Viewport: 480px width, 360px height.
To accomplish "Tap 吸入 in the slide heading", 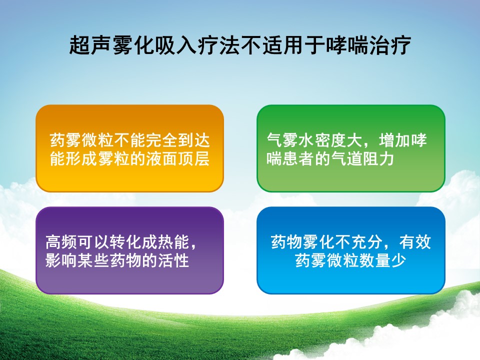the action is click(x=175, y=45).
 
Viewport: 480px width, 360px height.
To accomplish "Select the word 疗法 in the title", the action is click(x=218, y=45).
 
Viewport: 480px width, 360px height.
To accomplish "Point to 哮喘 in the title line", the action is click(x=347, y=45).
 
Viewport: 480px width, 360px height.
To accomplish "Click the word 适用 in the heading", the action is click(x=282, y=45).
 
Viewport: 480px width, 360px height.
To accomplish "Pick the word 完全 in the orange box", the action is click(x=161, y=140).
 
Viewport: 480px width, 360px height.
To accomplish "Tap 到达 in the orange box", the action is click(x=194, y=140).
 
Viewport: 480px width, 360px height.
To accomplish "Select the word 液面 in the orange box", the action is click(x=161, y=159).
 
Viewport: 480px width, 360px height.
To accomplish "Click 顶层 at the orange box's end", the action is click(x=194, y=159).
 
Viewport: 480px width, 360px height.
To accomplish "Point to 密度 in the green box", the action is click(x=330, y=140).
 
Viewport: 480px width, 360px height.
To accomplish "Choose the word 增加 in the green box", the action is click(x=394, y=140).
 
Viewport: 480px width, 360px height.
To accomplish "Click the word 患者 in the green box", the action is click(x=298, y=159).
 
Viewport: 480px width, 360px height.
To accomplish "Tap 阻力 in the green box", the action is click(x=378, y=159).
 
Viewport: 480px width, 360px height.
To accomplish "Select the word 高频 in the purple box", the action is click(x=61, y=242).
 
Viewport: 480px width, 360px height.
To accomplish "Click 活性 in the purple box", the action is click(x=173, y=260).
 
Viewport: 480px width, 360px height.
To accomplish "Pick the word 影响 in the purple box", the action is click(x=61, y=260).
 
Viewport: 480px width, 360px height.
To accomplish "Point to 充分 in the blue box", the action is click(x=366, y=242).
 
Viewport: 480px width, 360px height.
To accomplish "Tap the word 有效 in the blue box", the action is click(x=415, y=242).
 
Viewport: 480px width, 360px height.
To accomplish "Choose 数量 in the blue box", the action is click(x=375, y=260).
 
